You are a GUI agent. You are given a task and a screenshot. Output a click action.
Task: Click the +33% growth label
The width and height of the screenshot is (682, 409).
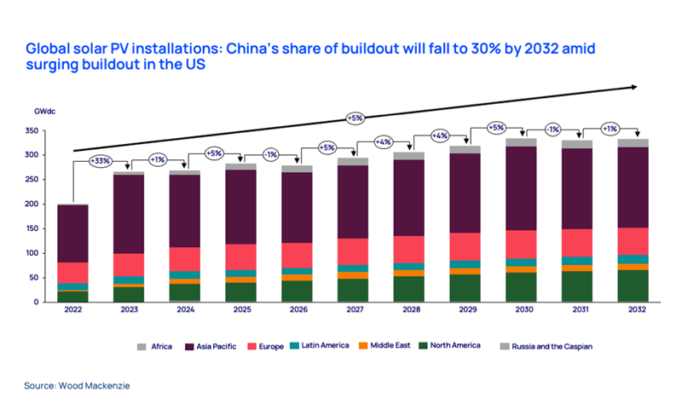click(x=101, y=161)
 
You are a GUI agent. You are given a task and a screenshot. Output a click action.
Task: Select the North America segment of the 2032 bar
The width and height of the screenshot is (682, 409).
click(x=633, y=285)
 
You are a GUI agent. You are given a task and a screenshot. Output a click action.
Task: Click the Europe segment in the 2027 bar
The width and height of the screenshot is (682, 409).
click(x=352, y=251)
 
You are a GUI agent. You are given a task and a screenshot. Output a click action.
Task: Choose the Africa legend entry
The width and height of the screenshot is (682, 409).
click(x=159, y=346)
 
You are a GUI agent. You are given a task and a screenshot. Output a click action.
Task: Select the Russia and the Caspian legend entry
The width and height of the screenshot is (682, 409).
click(x=553, y=346)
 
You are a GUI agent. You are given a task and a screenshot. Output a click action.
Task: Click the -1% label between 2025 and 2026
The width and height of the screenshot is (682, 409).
click(x=269, y=154)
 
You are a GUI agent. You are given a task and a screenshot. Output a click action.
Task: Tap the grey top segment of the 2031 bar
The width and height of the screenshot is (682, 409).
click(x=576, y=144)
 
